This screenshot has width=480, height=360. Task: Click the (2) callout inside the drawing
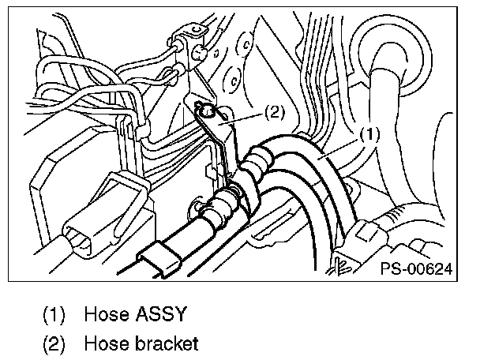click(x=272, y=111)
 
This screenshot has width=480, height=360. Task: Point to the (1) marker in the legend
click(x=54, y=314)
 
